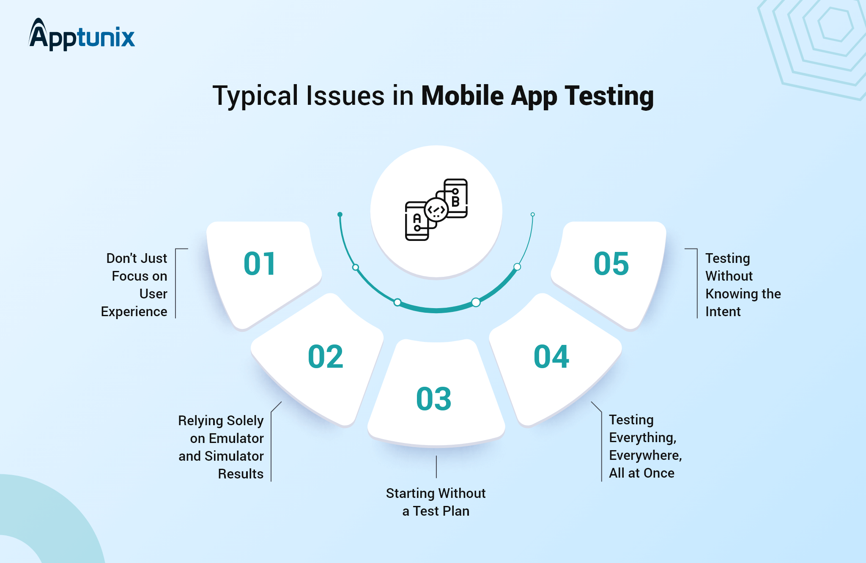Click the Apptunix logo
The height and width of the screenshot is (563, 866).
point(82,36)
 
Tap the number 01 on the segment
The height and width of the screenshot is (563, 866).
point(260,264)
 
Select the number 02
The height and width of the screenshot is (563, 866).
point(325,357)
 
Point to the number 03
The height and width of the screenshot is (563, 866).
point(433,399)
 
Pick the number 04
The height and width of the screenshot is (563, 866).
point(551,357)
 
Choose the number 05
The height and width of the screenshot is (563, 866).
point(611,264)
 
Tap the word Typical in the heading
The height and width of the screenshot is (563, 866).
point(255,96)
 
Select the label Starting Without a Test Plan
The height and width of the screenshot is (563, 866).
point(436,502)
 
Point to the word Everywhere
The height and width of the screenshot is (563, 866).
point(645,455)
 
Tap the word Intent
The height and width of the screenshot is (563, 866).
point(723,312)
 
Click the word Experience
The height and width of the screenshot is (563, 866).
point(134,312)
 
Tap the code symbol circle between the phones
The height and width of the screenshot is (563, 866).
point(436,209)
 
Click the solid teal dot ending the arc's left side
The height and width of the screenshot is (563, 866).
point(340,215)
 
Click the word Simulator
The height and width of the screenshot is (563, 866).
point(234,456)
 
